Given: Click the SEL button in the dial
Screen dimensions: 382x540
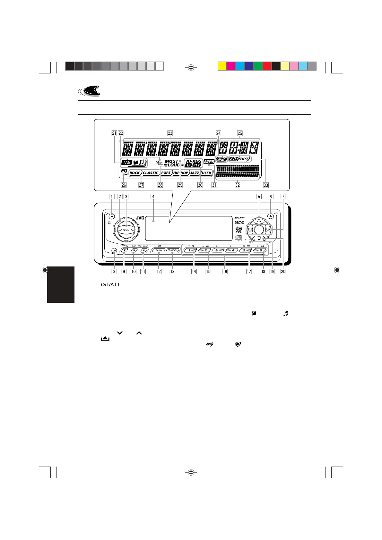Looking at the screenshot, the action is (x=126, y=230).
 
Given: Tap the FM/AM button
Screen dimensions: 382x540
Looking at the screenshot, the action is (x=159, y=250).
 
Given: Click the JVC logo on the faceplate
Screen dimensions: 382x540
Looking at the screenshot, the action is (x=140, y=218).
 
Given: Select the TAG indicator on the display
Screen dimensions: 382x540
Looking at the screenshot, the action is (x=127, y=162).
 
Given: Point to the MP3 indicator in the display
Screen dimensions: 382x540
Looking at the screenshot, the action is (x=209, y=162).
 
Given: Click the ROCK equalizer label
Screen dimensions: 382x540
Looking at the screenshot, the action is (x=135, y=173).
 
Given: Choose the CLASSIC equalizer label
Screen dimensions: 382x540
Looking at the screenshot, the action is (x=151, y=173).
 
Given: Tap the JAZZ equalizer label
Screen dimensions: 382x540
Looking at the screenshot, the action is (x=194, y=173).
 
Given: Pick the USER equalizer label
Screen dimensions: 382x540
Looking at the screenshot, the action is (x=206, y=173).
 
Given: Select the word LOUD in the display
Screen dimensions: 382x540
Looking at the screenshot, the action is (x=174, y=165).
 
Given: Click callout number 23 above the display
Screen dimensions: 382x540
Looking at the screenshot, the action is (x=170, y=133).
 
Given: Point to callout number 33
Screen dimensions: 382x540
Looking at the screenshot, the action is (x=265, y=185).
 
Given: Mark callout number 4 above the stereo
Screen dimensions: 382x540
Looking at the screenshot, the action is (x=153, y=197).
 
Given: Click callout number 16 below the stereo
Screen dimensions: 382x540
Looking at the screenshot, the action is (x=225, y=271).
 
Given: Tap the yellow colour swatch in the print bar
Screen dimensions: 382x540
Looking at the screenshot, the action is (x=222, y=66).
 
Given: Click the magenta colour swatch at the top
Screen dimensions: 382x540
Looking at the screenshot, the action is (x=231, y=66).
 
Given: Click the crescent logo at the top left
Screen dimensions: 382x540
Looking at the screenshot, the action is (x=90, y=91).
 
